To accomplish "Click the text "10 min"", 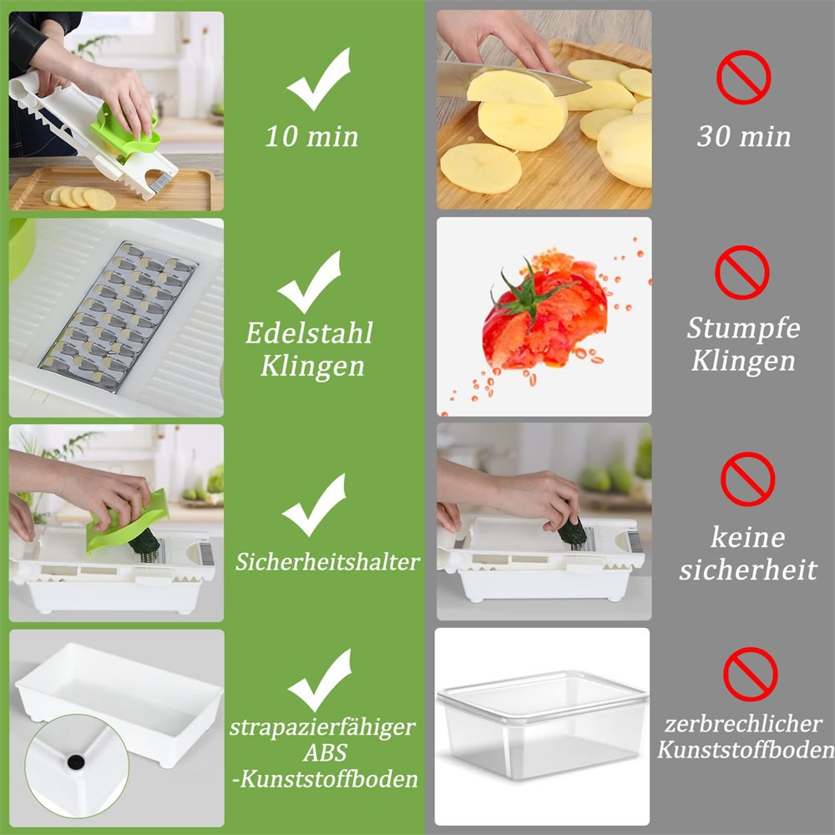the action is click(x=311, y=136).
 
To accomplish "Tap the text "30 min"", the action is click(x=744, y=136).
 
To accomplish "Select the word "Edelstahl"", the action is click(x=309, y=333).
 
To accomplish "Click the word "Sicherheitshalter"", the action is click(x=327, y=562).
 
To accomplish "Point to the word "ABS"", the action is click(x=325, y=752).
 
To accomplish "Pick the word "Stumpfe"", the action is click(x=743, y=328).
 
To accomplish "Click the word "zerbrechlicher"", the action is click(x=743, y=724).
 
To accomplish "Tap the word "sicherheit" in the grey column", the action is click(x=748, y=569).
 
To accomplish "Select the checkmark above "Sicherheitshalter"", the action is click(x=314, y=505).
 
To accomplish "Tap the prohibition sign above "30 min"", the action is click(x=743, y=77).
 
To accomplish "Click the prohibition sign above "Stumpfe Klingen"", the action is click(x=741, y=272).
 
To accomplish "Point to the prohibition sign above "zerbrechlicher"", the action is click(x=751, y=674).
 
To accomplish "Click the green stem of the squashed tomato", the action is click(x=527, y=293).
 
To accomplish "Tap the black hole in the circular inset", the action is click(x=76, y=762).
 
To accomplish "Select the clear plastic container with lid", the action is click(x=543, y=724).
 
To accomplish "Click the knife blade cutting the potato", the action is click(x=511, y=80).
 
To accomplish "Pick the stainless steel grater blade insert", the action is click(x=119, y=316).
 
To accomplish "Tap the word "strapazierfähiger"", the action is click(x=322, y=727).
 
